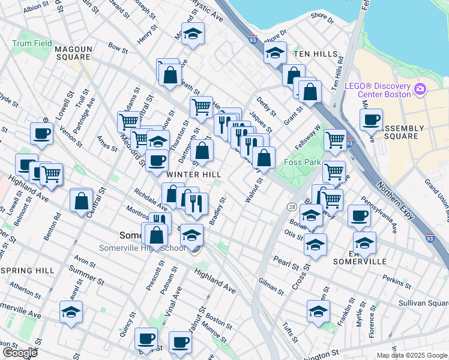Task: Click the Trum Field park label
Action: [x=32, y=44]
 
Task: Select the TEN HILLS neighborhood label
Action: [x=316, y=54]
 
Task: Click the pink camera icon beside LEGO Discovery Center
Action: [x=420, y=89]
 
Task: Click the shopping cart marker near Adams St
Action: [x=128, y=121]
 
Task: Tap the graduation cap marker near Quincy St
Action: [x=71, y=312]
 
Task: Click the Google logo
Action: [x=20, y=353]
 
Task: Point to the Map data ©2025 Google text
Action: [x=412, y=355]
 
